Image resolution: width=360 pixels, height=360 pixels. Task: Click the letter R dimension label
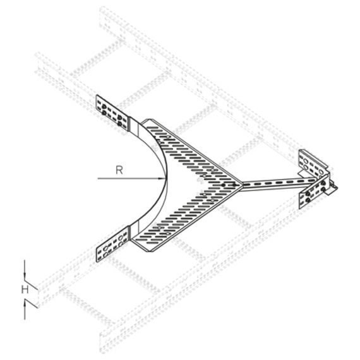pyautogui.click(x=119, y=170)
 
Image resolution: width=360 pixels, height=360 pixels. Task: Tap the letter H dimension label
pyautogui.click(x=25, y=290)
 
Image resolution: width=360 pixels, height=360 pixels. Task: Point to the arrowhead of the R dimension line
pyautogui.click(x=162, y=178)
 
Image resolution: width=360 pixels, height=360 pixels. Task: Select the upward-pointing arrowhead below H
pyautogui.click(x=25, y=305)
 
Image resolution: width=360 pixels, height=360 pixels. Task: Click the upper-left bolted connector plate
pyautogui.click(x=112, y=113)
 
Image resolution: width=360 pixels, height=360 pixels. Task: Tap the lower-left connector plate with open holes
pyautogui.click(x=112, y=244)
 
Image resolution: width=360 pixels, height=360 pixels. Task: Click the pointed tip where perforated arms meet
pyautogui.click(x=242, y=184)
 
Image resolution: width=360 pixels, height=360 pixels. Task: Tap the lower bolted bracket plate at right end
pyautogui.click(x=315, y=191)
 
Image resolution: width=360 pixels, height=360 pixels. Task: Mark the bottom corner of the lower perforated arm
pyautogui.click(x=148, y=251)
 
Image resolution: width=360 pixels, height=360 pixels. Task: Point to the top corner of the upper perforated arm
pyautogui.click(x=150, y=119)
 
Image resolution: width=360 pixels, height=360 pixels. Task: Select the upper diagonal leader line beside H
pyautogui.click(x=31, y=285)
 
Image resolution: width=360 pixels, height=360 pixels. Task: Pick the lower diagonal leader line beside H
pyautogui.click(x=31, y=304)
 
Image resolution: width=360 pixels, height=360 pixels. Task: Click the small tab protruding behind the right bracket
pyautogui.click(x=332, y=189)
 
